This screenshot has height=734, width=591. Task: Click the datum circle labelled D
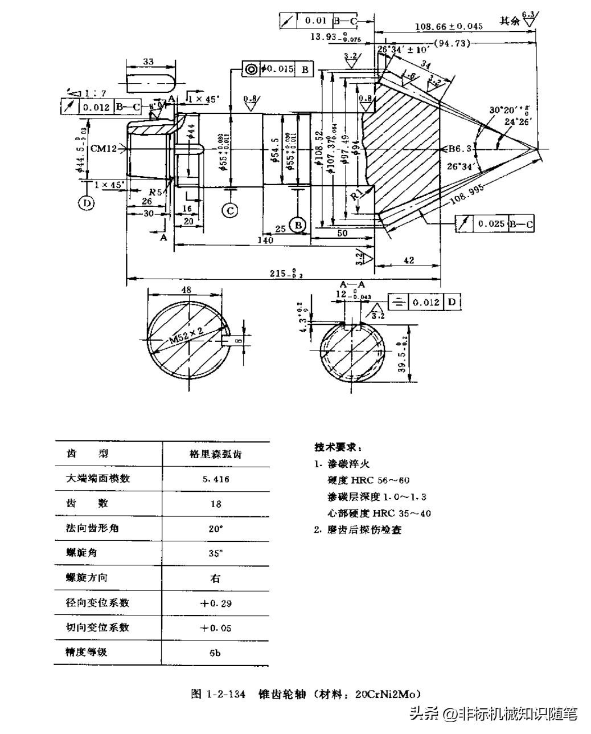[87, 203]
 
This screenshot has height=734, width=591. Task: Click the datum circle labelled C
[231, 210]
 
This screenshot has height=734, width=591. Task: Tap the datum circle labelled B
[297, 225]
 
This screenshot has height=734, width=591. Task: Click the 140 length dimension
[265, 240]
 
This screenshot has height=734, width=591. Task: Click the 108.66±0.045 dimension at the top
[448, 26]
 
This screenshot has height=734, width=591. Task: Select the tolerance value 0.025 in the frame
[491, 224]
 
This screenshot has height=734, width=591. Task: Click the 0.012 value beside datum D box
[426, 302]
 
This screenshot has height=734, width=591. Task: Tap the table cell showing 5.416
[215, 479]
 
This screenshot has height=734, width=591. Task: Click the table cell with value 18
[215, 504]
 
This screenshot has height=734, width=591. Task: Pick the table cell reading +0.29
[215, 603]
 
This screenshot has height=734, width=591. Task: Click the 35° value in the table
[215, 553]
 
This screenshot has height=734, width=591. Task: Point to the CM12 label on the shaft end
[104, 149]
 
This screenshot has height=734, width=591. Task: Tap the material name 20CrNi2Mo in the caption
[387, 694]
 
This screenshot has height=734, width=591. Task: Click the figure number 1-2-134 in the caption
[226, 694]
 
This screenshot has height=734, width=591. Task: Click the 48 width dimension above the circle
[186, 289]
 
